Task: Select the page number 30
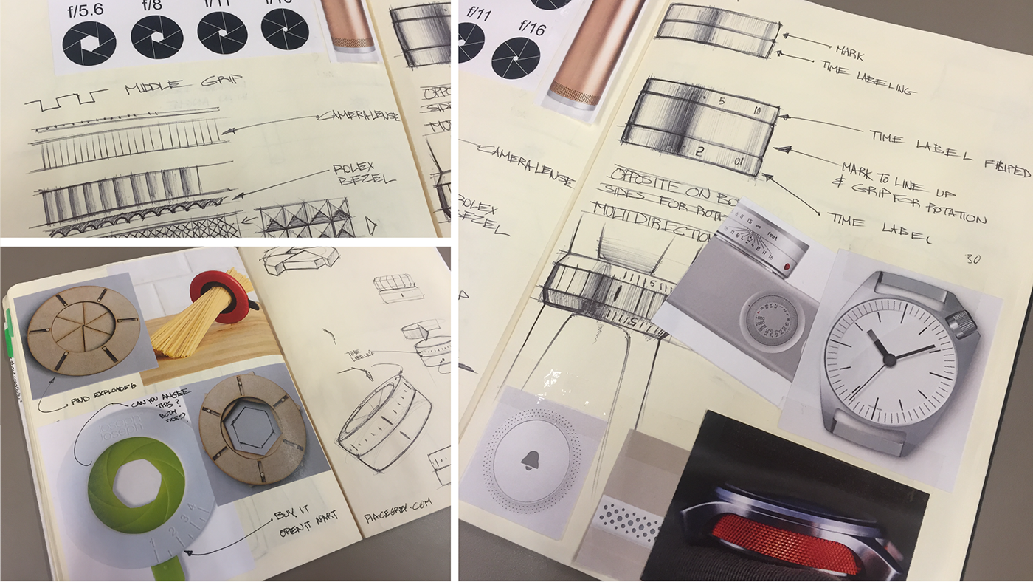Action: (x=972, y=259)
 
